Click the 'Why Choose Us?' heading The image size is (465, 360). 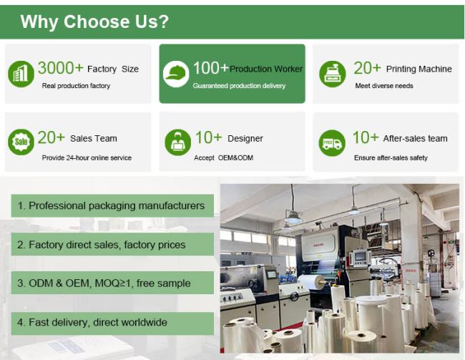(94, 21)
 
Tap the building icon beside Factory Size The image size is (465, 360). (21, 74)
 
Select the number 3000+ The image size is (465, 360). (60, 68)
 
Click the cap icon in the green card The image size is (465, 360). (176, 74)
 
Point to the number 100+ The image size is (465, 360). (211, 68)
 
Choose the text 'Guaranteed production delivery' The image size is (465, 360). (239, 86)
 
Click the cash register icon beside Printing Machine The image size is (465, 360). (333, 74)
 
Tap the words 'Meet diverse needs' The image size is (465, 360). (384, 86)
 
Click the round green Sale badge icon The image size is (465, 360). (21, 142)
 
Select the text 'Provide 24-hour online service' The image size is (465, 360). (87, 157)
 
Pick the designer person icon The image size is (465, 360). (177, 142)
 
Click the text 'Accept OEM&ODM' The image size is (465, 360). (224, 157)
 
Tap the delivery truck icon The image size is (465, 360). (332, 143)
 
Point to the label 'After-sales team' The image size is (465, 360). (415, 138)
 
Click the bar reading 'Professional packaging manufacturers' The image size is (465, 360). (112, 205)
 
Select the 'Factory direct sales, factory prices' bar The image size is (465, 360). (112, 244)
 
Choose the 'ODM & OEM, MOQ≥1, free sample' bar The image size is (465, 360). (112, 283)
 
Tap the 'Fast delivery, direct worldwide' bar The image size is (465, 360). (112, 323)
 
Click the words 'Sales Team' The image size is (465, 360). (94, 138)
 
